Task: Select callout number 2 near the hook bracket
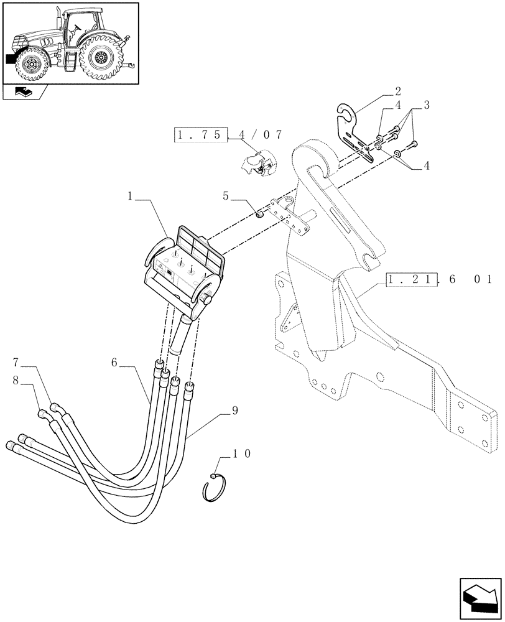[397, 90]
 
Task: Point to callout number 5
[228, 197]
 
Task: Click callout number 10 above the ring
[243, 455]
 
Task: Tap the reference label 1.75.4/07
[228, 134]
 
